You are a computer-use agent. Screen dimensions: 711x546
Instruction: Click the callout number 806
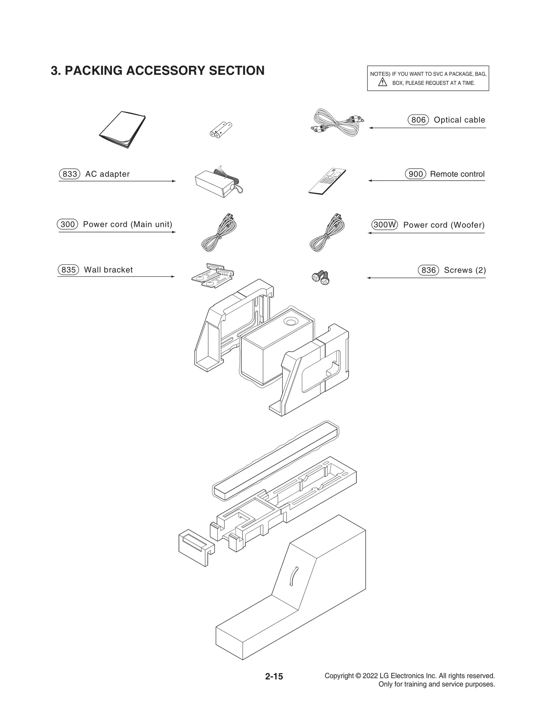tap(418, 120)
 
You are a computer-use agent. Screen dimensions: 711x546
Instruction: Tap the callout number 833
tap(70, 174)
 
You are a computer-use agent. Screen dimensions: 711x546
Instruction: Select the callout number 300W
tap(384, 225)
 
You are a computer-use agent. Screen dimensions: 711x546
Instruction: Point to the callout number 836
tap(428, 270)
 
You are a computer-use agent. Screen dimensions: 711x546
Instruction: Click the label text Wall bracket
tap(108, 270)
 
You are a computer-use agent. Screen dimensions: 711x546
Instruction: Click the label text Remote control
tap(457, 174)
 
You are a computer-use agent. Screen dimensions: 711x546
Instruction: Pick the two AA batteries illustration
tap(220, 130)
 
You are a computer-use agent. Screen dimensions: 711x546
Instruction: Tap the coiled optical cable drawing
tap(336, 123)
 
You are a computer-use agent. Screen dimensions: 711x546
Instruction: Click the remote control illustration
tap(327, 182)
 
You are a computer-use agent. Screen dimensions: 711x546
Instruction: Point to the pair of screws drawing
tap(321, 278)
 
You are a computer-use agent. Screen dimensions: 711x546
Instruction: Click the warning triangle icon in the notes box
tap(383, 82)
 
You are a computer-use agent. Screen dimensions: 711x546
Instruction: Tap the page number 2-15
tap(274, 676)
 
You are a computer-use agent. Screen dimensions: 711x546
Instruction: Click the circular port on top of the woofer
tap(291, 322)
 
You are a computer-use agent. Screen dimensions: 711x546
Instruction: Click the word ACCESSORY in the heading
tap(166, 71)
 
